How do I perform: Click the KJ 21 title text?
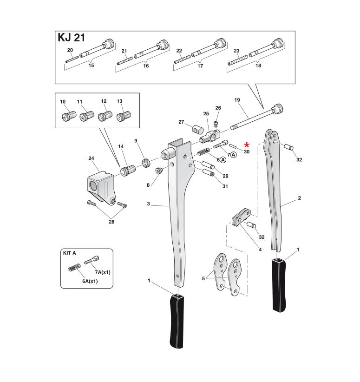click(x=71, y=38)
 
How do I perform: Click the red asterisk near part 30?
click(x=247, y=145)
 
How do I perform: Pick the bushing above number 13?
click(x=124, y=115)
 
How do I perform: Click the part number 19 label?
click(x=237, y=100)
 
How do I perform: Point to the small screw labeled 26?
click(x=216, y=123)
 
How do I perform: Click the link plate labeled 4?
click(x=242, y=217)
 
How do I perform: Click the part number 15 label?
click(x=91, y=66)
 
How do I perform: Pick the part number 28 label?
click(x=112, y=222)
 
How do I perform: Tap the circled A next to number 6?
click(x=223, y=160)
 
